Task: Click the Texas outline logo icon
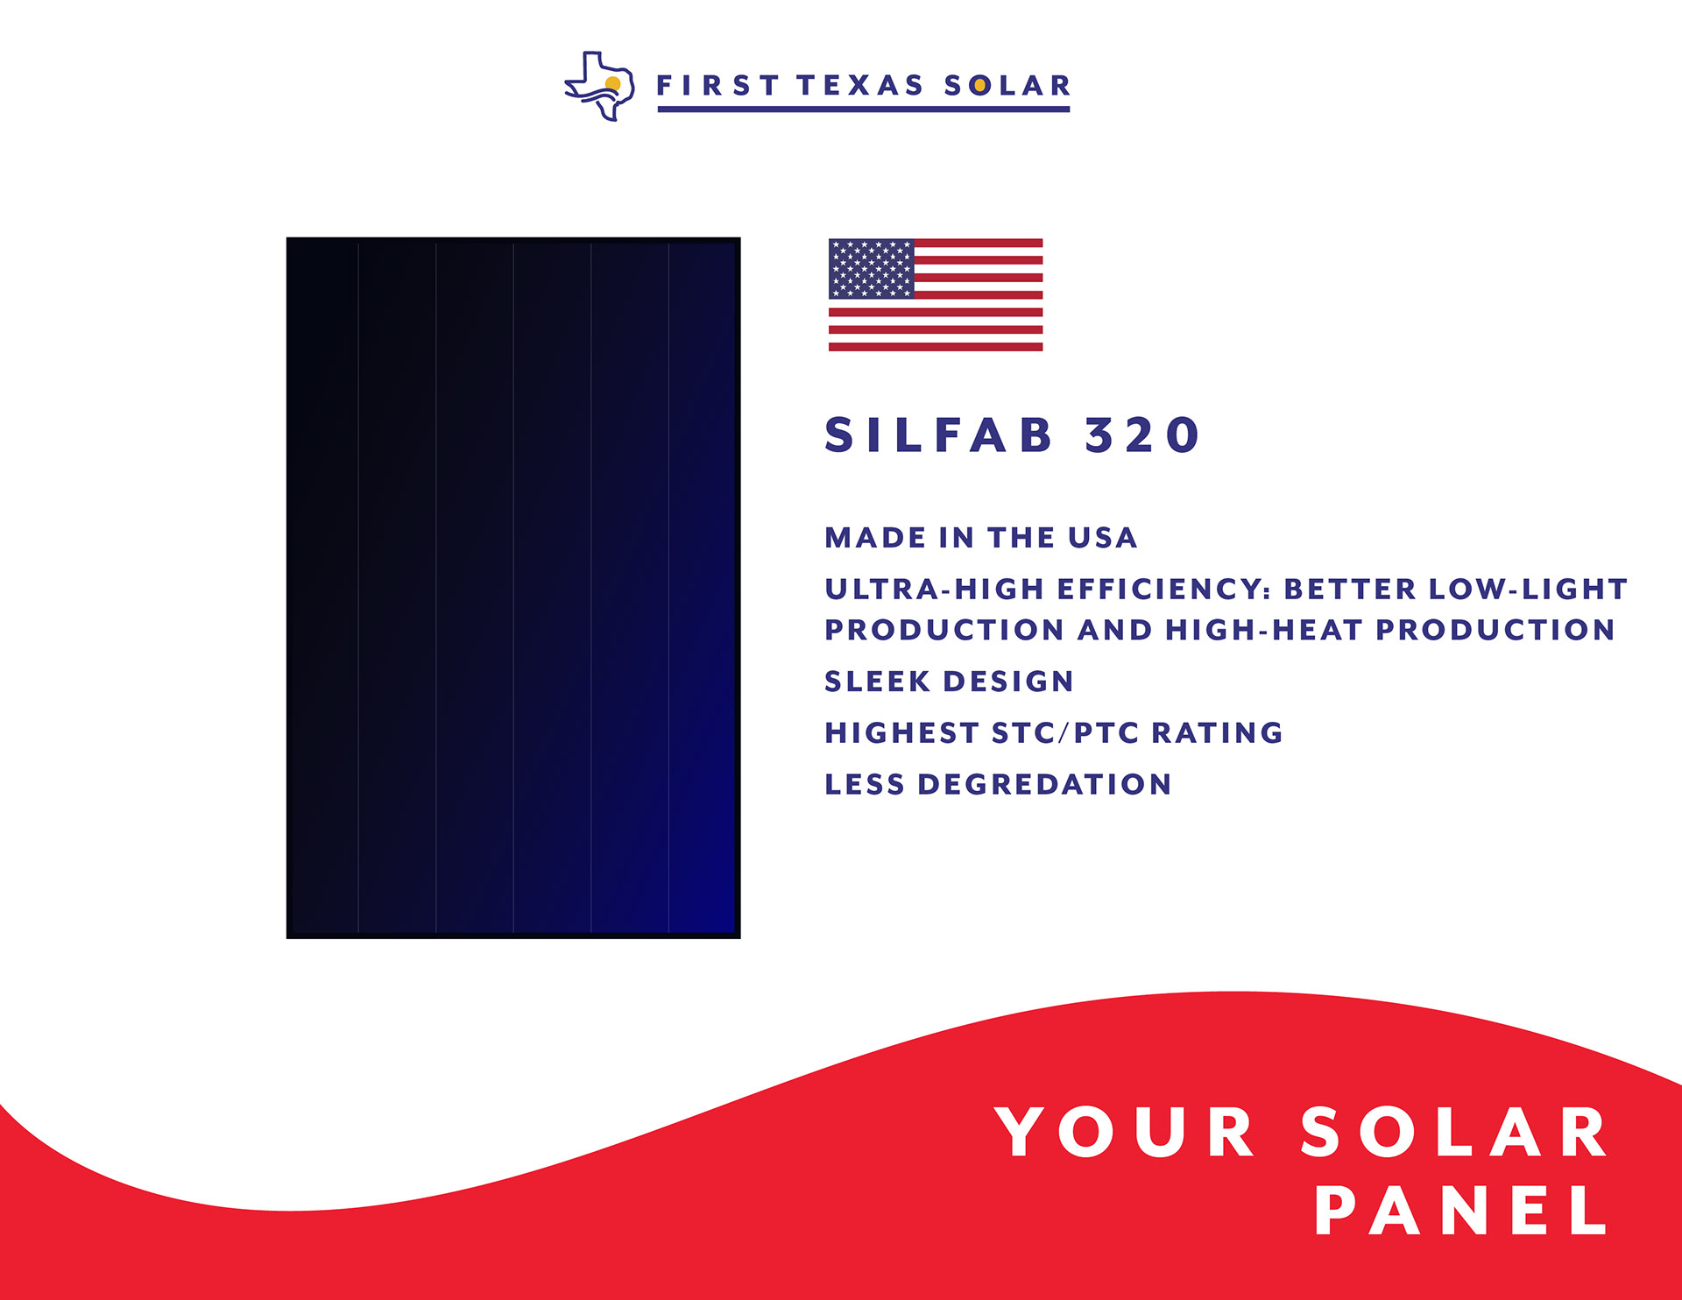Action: click(599, 86)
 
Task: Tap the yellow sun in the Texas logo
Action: click(613, 84)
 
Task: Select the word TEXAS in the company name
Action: click(860, 85)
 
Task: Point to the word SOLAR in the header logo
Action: click(1007, 85)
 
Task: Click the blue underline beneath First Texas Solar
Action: click(864, 110)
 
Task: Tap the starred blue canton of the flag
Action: click(872, 268)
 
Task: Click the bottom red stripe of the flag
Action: click(936, 347)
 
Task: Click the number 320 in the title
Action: click(1142, 435)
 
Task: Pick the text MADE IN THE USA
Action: click(981, 537)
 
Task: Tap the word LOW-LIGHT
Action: click(1528, 589)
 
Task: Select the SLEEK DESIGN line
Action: click(949, 681)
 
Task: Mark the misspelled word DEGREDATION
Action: click(1044, 784)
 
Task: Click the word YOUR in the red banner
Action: click(1123, 1132)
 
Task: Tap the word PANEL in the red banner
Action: click(1461, 1211)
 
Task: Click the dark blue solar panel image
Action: click(513, 588)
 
